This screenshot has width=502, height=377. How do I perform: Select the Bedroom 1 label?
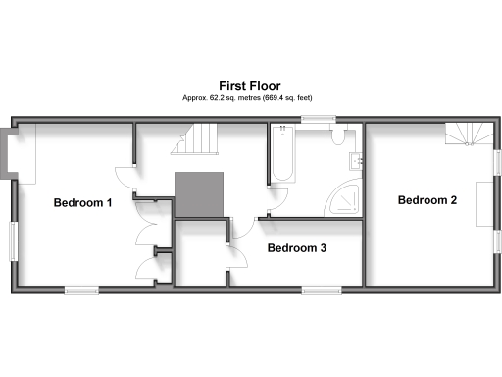(82, 203)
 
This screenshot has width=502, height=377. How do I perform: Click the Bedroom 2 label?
(427, 200)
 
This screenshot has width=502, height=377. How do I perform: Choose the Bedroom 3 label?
(296, 248)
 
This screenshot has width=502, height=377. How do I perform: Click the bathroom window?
(317, 121)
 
